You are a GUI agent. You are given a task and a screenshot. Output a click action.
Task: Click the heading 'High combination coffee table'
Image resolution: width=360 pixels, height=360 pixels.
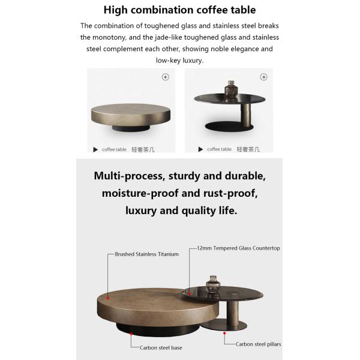179,10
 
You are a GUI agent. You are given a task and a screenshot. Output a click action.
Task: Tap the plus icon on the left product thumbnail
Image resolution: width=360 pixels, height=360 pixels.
166,77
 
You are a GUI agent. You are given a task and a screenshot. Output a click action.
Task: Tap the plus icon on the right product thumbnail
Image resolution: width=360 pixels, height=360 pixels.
263,77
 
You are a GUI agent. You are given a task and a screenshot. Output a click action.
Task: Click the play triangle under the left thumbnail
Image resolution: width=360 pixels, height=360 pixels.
95,149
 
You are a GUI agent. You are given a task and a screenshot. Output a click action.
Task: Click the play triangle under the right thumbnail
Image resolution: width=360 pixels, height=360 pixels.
200,149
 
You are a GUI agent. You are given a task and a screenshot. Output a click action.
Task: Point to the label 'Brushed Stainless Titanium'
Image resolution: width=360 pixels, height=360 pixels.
146,254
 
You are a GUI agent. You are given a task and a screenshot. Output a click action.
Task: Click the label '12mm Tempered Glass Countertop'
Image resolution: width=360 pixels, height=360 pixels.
239,248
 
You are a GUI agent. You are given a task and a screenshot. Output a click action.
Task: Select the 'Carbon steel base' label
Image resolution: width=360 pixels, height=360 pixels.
161,347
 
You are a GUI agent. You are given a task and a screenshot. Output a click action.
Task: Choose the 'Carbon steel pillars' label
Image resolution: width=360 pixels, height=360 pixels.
258,344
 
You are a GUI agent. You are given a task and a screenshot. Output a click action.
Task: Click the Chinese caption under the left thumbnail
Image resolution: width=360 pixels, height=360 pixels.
143,149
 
